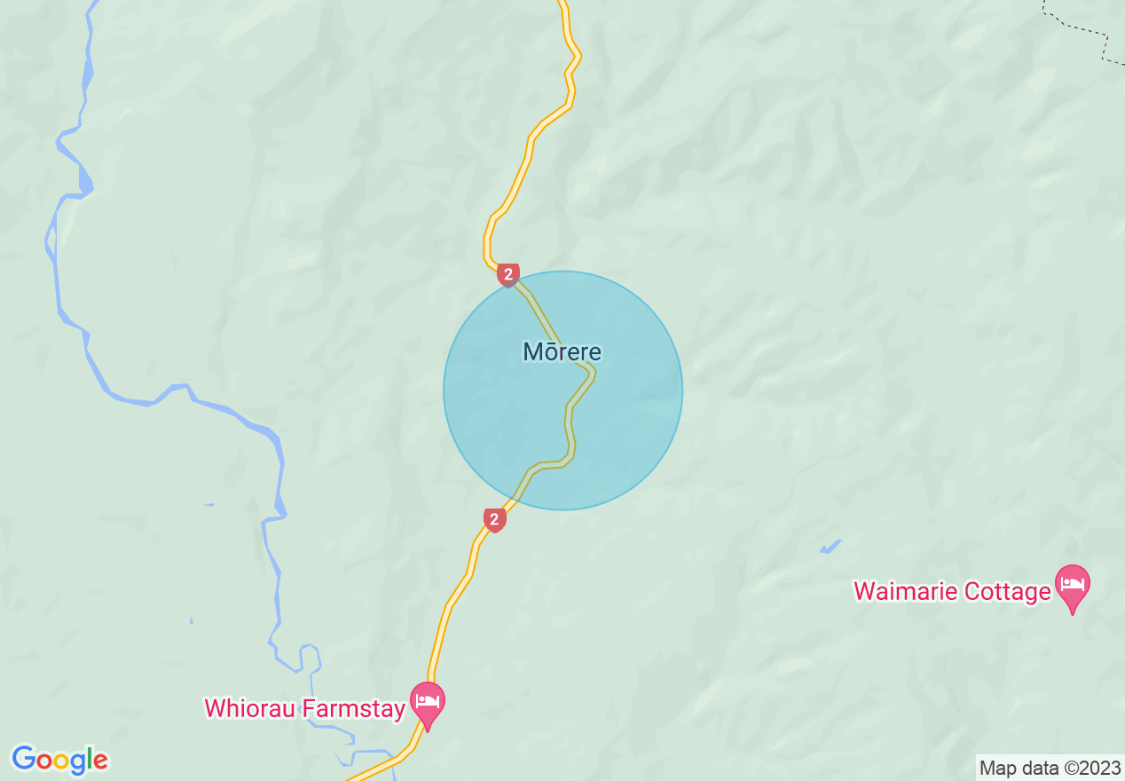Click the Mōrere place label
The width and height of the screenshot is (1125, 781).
click(x=562, y=352)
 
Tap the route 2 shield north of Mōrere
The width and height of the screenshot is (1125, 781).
click(x=507, y=275)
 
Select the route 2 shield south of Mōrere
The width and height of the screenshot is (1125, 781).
click(x=495, y=519)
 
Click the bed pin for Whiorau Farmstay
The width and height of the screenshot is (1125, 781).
click(x=428, y=704)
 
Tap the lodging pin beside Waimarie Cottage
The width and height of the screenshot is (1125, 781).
click(x=1073, y=587)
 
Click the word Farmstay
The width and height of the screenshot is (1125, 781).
click(x=354, y=708)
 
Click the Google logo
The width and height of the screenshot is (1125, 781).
click(x=60, y=760)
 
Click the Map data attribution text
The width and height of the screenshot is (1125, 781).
click(x=1050, y=768)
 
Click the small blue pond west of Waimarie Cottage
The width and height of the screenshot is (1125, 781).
click(x=830, y=548)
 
